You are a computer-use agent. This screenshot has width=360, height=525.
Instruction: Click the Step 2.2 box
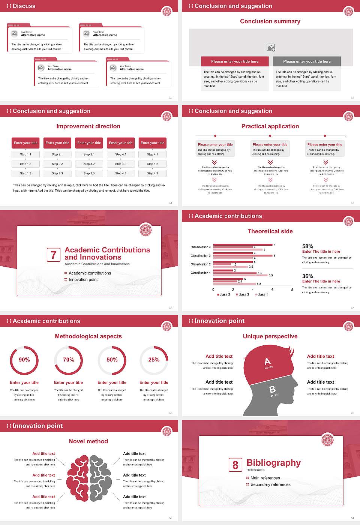pyautogui.click(x=57, y=164)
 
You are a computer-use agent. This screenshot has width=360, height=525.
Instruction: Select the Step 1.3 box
pyautogui.click(x=25, y=173)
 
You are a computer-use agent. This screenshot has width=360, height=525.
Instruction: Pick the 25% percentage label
pyautogui.click(x=154, y=360)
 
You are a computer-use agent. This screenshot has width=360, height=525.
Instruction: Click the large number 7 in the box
pyautogui.click(x=53, y=255)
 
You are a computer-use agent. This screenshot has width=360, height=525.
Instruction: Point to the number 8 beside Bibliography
pyautogui.click(x=235, y=465)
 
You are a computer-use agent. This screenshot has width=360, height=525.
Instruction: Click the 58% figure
pyautogui.click(x=307, y=246)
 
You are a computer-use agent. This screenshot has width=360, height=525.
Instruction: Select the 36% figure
pyautogui.click(x=307, y=276)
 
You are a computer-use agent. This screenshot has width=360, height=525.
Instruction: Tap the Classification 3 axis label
pyautogui.click(x=201, y=256)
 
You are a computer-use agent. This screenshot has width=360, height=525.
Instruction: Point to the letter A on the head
pyautogui.click(x=267, y=361)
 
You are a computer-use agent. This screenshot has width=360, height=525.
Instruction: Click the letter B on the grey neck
pyautogui.click(x=273, y=390)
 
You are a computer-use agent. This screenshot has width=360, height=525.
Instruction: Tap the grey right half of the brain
pyautogui.click(x=100, y=478)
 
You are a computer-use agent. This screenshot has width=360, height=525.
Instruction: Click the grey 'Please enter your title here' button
pyautogui.click(x=307, y=61)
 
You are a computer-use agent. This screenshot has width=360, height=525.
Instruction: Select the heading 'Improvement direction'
pyautogui.click(x=88, y=126)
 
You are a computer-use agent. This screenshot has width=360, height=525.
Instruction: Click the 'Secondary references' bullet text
pyautogui.click(x=270, y=484)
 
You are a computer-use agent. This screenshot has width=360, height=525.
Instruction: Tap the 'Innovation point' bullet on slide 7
pyautogui.click(x=83, y=279)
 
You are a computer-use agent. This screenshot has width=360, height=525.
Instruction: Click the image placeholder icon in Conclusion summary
pyautogui.click(x=271, y=48)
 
